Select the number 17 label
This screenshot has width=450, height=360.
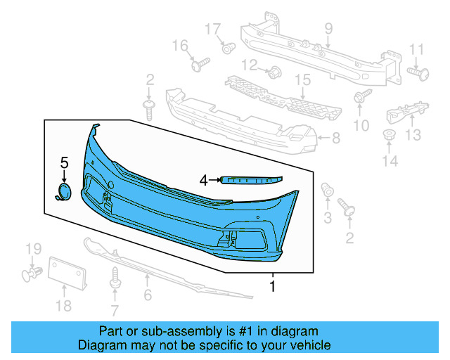(212, 30)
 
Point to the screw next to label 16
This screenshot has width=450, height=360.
(199, 65)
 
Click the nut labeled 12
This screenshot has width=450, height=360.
(274, 70)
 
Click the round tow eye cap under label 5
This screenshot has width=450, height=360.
(65, 192)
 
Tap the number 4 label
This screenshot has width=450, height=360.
(204, 180)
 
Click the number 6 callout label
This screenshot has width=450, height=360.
(148, 295)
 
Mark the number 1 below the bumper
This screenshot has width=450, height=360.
(273, 286)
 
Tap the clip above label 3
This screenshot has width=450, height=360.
(327, 191)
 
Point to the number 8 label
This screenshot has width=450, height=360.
(335, 139)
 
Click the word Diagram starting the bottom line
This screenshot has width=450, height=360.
(101, 345)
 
